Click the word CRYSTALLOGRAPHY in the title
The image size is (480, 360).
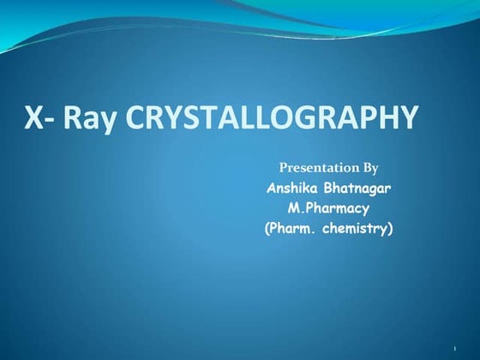coord(273,118)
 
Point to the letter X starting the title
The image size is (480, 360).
coord(34,118)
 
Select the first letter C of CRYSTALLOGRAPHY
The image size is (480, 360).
coord(136,118)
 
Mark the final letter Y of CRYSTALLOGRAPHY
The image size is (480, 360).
coord(408,118)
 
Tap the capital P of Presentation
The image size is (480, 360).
coord(285,167)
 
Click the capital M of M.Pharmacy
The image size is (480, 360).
coord(293,208)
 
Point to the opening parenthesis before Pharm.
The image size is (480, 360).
coord(268,229)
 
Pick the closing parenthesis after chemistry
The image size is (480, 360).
coord(390,229)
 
